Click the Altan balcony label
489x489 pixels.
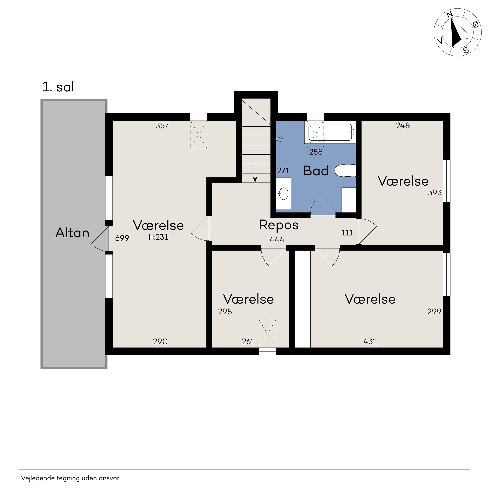[72, 233]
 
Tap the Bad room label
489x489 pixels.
[316, 171]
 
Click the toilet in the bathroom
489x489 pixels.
[345, 171]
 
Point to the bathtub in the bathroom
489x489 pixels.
[330, 132]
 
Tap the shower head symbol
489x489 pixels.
[279, 139]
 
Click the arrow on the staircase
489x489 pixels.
[255, 175]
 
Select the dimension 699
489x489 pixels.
[122, 238]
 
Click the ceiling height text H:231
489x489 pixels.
[158, 237]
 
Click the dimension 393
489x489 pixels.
[435, 193]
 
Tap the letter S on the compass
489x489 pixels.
[466, 50]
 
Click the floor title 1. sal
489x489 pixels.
[58, 87]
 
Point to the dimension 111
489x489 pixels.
[347, 233]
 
